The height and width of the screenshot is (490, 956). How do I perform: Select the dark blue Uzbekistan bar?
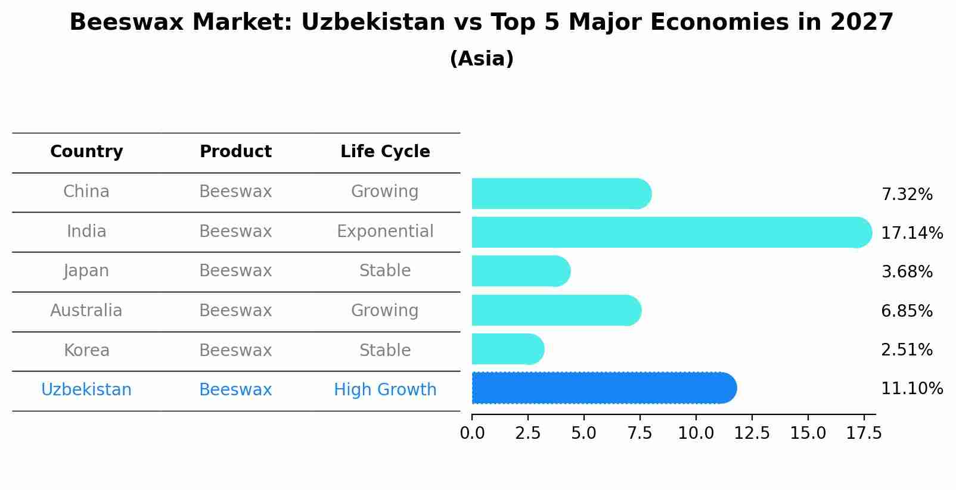click(604, 388)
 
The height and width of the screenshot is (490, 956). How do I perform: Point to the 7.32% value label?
click(907, 195)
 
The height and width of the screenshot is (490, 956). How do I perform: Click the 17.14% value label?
click(911, 233)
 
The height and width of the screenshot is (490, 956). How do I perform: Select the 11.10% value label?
click(911, 389)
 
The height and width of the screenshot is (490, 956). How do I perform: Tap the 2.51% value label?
click(907, 350)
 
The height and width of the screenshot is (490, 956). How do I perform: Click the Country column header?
click(86, 152)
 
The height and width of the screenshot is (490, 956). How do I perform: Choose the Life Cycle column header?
click(385, 152)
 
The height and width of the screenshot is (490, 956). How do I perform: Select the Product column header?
click(235, 152)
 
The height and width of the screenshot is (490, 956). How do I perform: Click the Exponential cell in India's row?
click(385, 232)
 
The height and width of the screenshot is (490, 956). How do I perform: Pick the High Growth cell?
click(385, 390)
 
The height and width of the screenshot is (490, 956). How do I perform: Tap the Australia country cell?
click(86, 311)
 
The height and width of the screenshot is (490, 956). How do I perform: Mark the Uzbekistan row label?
click(86, 390)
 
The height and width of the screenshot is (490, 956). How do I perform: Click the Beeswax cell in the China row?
click(235, 192)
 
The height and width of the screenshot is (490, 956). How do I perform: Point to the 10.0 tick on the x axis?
click(696, 433)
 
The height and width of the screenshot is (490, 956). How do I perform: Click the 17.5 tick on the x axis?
click(864, 433)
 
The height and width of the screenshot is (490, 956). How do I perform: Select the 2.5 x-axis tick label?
click(527, 433)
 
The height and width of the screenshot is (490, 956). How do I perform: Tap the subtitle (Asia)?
click(482, 59)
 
